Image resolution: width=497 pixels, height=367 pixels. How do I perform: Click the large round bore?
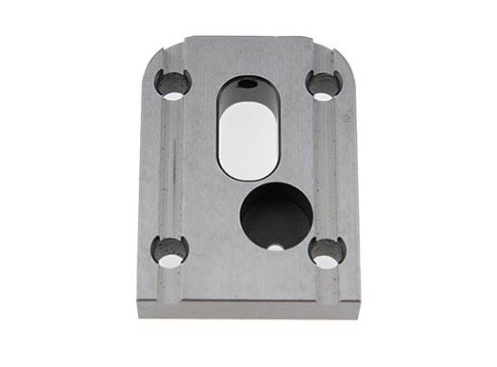(x=277, y=217)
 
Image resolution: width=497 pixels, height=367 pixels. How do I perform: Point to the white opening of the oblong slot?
(x=248, y=140)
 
